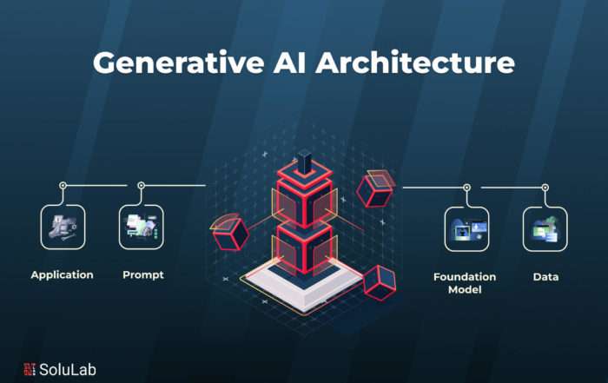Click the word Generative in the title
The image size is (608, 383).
tap(179, 62)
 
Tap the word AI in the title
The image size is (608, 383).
tap(290, 62)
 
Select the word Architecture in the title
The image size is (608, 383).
tap(415, 62)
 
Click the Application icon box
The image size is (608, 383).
tap(63, 227)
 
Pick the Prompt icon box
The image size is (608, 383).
tap(141, 227)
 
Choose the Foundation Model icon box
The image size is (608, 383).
tap(467, 229)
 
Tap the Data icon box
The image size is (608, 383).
tap(545, 229)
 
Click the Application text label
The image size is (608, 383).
tap(62, 274)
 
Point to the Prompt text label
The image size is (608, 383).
tap(143, 274)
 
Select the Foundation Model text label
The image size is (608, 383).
tap(465, 283)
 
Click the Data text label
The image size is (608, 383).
tap(545, 277)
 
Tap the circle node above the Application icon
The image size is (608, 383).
tap(63, 185)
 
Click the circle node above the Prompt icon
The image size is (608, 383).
tap(141, 185)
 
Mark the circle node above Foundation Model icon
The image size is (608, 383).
tap(467, 188)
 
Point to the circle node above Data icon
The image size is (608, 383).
tap(545, 188)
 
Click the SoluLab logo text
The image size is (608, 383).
tap(68, 369)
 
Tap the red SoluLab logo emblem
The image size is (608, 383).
tap(30, 369)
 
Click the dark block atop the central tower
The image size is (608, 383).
tap(304, 162)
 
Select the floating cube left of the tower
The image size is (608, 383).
tap(231, 232)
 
